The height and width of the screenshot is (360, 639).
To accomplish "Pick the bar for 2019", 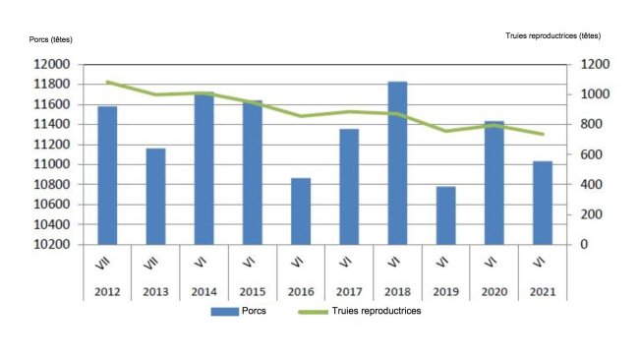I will pos(446,214).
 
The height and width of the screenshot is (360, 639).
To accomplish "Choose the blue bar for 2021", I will pos(543,202).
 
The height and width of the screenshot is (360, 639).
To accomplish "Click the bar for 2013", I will pos(155,196).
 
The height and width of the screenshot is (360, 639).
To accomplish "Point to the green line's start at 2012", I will pos(107,83).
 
